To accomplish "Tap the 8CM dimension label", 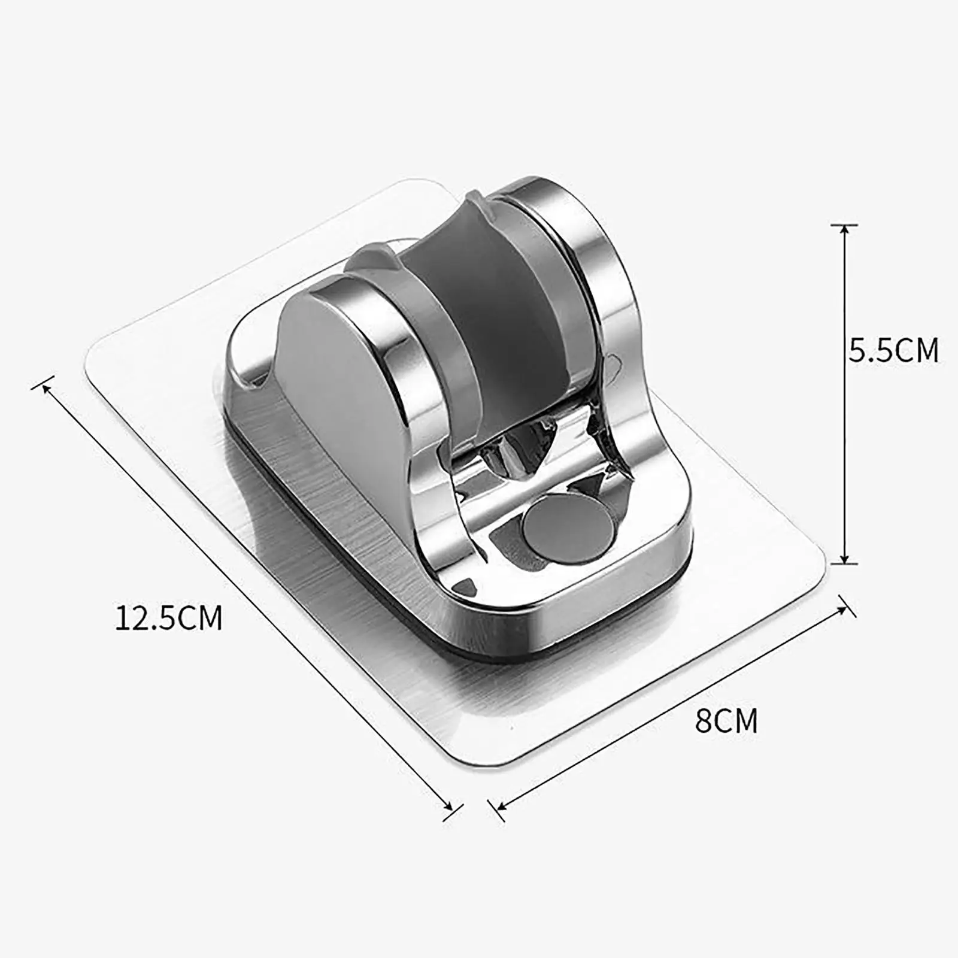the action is tap(726, 720).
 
